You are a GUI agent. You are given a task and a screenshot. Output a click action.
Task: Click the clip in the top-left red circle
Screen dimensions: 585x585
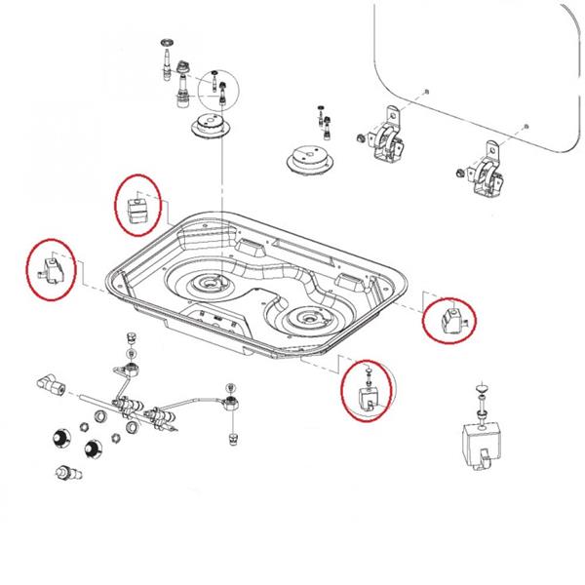137,206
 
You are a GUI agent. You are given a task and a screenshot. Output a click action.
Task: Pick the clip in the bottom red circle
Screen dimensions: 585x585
368,394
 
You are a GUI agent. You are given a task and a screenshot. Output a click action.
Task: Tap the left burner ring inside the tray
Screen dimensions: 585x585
208,286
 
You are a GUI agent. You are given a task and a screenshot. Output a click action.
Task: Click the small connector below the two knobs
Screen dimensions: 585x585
65,476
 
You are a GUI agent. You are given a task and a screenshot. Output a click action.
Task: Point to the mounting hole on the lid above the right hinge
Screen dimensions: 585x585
526,127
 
